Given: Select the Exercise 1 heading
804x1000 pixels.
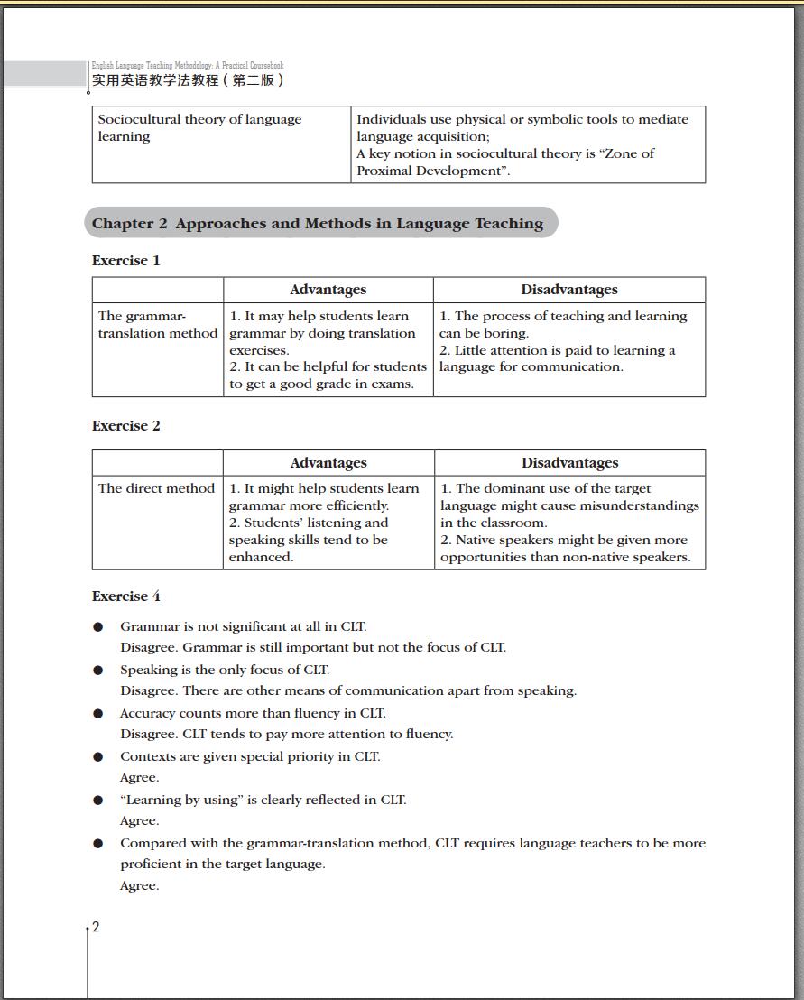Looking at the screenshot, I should [126, 261].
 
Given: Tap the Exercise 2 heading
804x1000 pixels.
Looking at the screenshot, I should [126, 426].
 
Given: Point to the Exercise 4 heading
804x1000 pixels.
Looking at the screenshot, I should [126, 597].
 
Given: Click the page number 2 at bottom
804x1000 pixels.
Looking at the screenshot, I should [96, 927].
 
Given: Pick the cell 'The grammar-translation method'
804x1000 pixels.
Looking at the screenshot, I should [158, 325].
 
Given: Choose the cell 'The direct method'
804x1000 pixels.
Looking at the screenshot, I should [156, 488].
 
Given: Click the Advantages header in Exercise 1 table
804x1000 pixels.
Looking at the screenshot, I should [328, 290].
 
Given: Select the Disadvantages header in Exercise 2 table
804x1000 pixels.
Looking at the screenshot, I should [569, 463].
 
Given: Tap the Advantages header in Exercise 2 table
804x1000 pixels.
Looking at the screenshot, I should [328, 463].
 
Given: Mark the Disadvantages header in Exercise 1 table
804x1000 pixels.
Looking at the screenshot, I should [569, 290].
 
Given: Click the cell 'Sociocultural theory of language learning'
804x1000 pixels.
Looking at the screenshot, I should [200, 128].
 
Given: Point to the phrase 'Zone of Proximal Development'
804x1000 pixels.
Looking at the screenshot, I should [505, 162].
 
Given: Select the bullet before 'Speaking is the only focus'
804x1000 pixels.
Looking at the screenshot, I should [98, 671].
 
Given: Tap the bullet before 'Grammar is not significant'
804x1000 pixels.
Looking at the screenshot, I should [98, 627].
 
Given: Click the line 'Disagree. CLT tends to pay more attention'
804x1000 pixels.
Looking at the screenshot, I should [287, 734].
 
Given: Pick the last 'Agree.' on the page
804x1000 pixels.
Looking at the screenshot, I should [140, 885].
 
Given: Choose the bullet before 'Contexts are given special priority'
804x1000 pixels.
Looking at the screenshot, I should [98, 757].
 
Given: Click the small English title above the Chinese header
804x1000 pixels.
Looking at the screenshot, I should [188, 66].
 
